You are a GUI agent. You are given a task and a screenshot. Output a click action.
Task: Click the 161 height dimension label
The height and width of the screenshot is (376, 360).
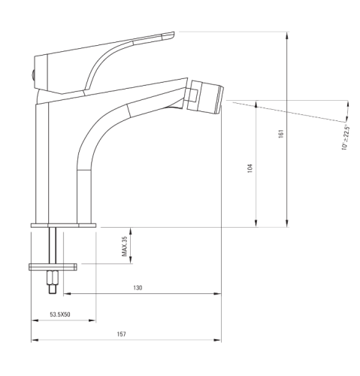[281, 134]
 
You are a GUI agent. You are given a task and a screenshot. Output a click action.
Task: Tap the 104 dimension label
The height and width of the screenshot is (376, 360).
[250, 168]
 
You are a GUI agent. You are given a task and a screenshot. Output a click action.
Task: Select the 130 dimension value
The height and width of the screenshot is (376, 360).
[138, 288]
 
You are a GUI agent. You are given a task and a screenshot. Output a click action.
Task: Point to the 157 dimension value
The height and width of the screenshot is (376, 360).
[122, 334]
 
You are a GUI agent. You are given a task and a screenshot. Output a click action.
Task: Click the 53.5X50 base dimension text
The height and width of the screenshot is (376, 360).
[60, 314]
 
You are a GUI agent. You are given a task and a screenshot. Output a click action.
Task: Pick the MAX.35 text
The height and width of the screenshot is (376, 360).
[125, 247]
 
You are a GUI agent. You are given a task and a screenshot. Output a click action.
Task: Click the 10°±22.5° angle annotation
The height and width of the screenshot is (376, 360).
[345, 137]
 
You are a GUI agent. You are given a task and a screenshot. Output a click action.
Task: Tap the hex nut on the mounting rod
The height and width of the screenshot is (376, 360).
[53, 277]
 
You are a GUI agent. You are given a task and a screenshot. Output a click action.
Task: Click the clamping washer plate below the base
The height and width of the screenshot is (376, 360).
[53, 267]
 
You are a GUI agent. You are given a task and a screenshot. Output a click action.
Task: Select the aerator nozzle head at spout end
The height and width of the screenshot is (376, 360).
[205, 97]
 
